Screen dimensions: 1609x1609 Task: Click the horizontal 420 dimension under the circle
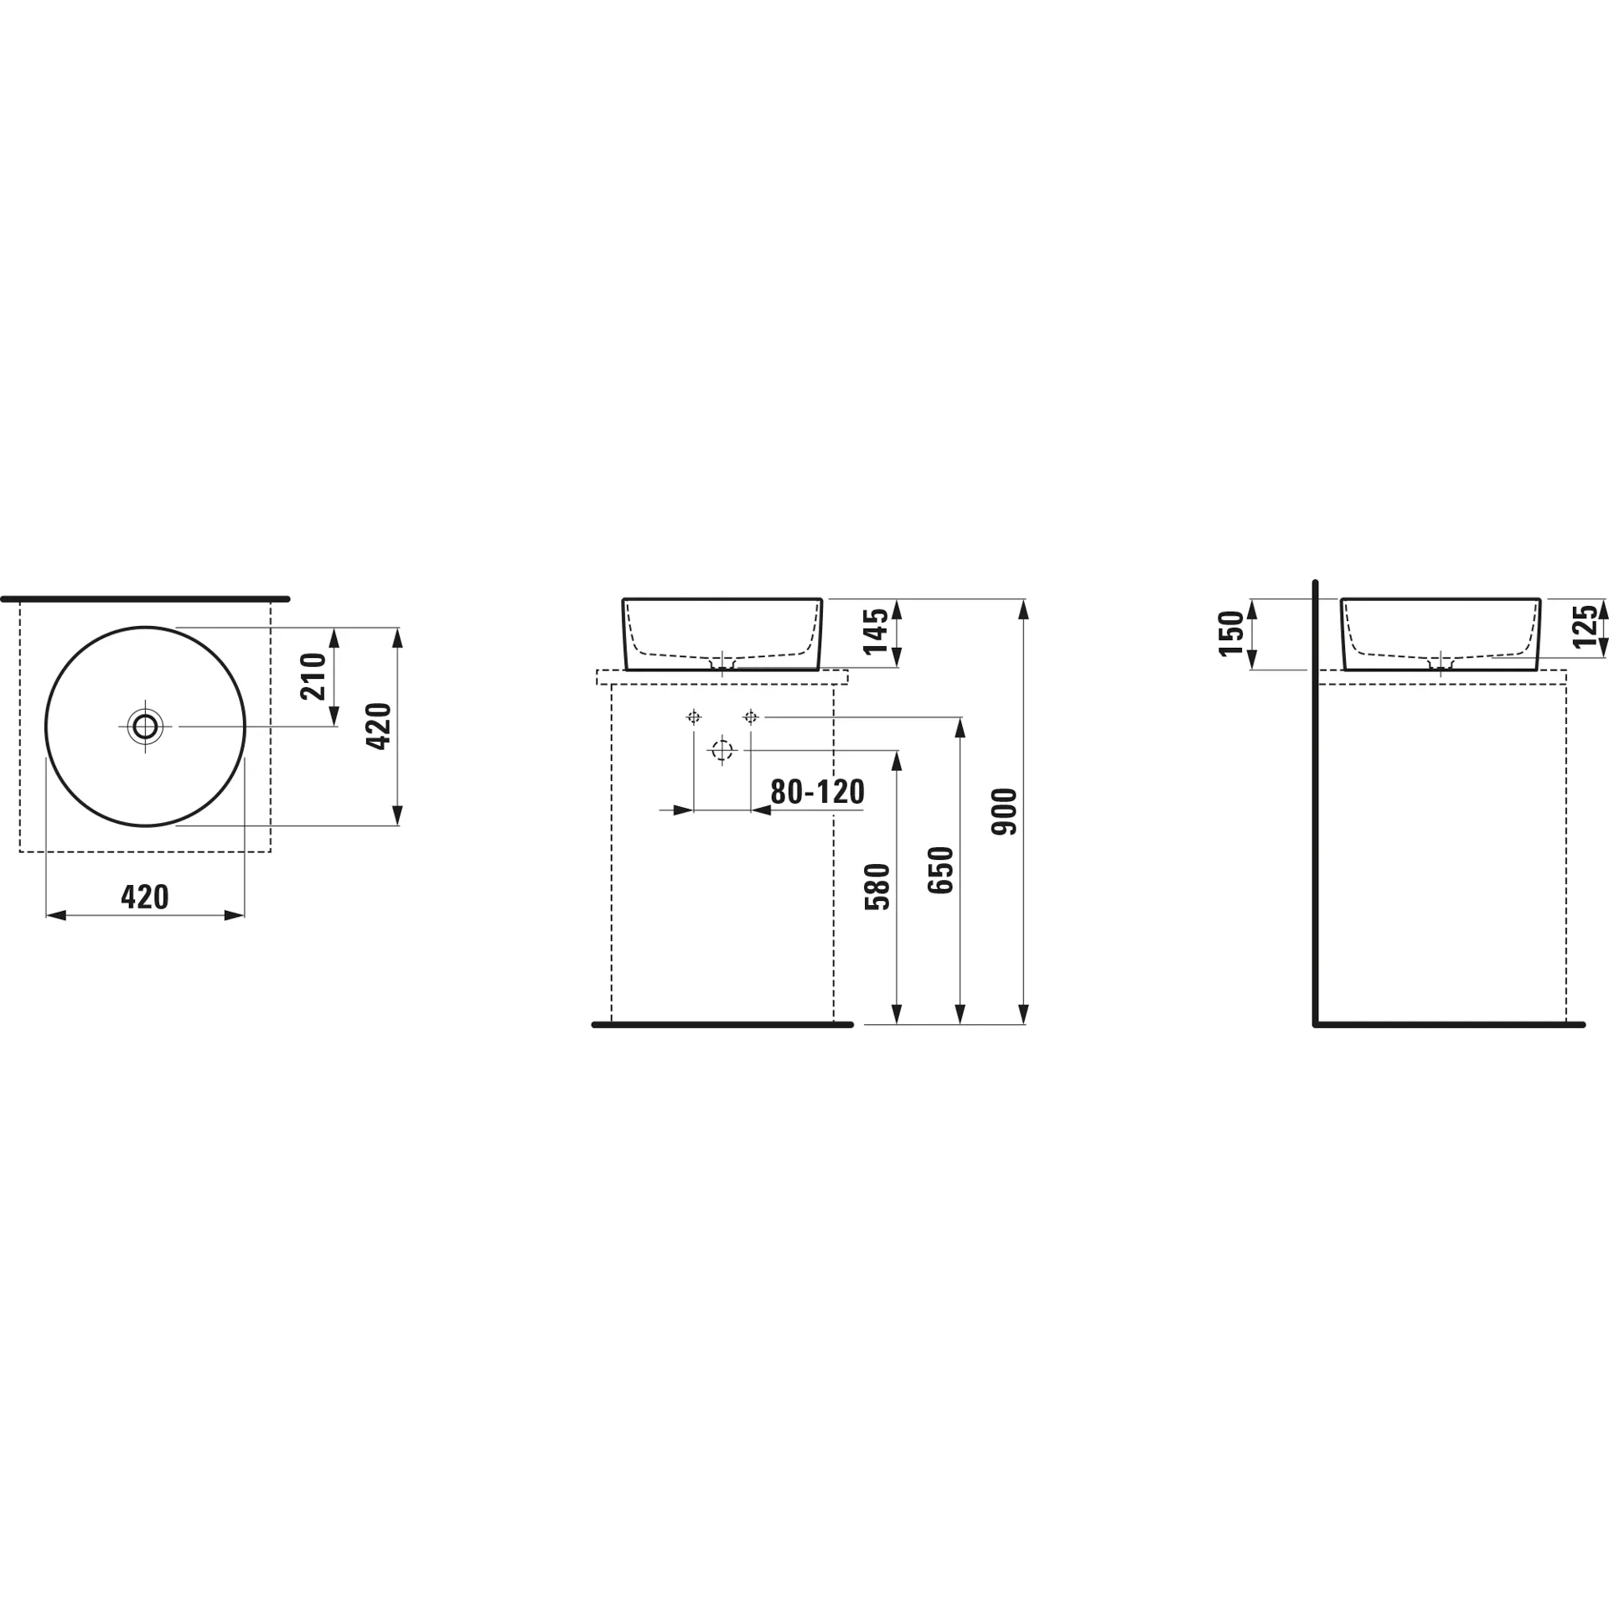[x=145, y=897]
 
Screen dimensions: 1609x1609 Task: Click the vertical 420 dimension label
[x=380, y=726]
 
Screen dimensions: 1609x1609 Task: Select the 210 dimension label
[x=313, y=676]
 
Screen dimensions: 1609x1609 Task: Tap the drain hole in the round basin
[x=146, y=726]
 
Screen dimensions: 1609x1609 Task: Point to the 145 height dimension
[x=875, y=632]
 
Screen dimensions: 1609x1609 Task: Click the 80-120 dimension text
[x=817, y=792]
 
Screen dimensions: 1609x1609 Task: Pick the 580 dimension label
[x=877, y=887]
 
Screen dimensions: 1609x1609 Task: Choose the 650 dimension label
[x=941, y=870]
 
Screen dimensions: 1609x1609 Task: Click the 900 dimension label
[x=1004, y=811]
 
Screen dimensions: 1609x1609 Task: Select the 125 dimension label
[x=1585, y=626]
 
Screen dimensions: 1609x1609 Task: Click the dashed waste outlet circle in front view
[x=722, y=750]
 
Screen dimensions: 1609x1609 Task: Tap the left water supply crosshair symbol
[x=693, y=717]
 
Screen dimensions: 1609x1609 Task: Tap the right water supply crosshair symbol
[x=751, y=717]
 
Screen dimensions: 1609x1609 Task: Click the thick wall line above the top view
[x=145, y=599]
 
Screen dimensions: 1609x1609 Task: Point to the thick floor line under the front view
[x=722, y=1025]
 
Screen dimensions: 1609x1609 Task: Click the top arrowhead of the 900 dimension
[x=1024, y=609]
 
